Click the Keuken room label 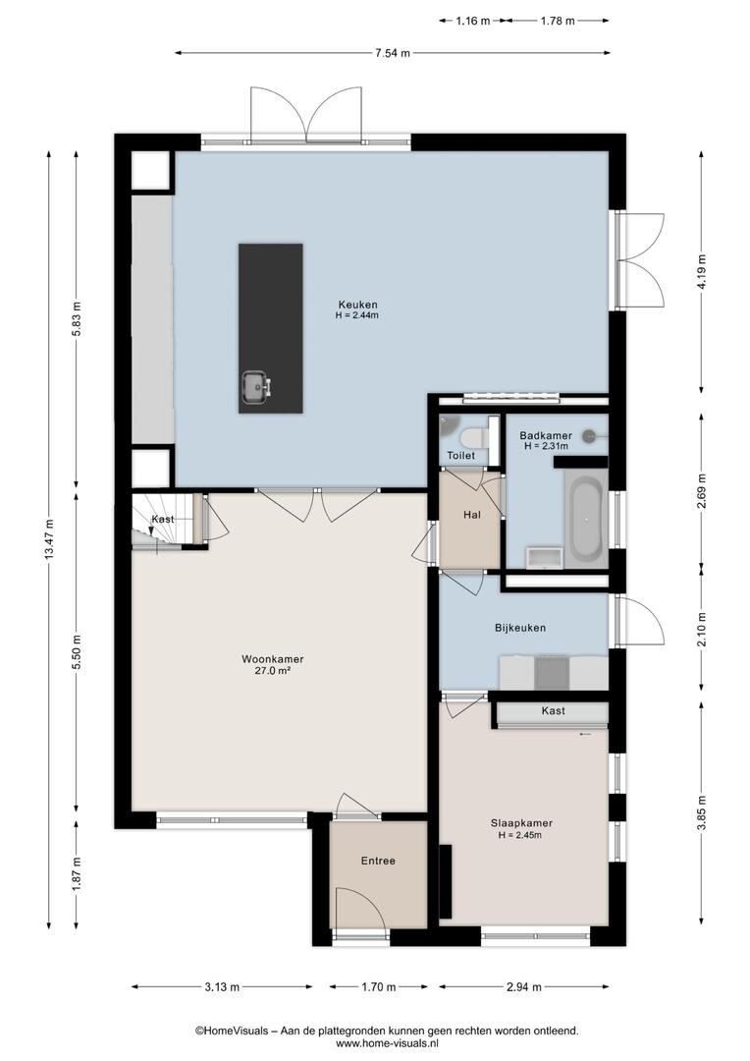point(357,305)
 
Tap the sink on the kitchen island point(256,386)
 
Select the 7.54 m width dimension point(393,53)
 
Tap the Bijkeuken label point(520,627)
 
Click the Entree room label point(378,861)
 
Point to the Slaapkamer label point(521,823)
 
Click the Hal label point(472,515)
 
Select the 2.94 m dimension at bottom point(524,986)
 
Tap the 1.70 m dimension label point(379,986)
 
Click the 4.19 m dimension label point(702,271)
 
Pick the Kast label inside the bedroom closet point(554,710)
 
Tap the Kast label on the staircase point(163,519)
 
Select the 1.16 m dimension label point(473,21)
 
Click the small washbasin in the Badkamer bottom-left point(544,558)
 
